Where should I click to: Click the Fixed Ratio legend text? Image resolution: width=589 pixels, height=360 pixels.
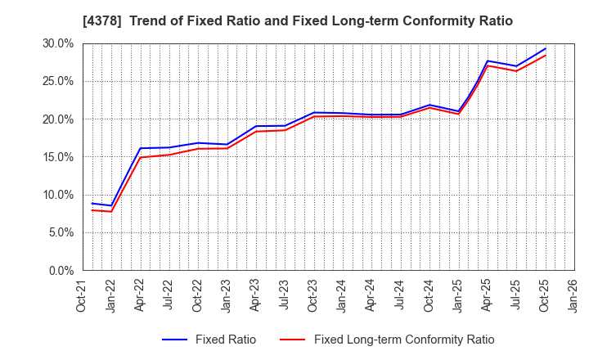tap(225, 340)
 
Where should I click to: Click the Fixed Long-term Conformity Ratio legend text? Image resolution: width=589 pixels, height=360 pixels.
tap(404, 340)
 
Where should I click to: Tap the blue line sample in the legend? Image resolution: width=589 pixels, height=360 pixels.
tap(176, 340)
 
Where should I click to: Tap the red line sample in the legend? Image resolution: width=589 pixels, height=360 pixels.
tap(293, 340)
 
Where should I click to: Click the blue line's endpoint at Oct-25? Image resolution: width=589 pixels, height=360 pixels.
tap(545, 48)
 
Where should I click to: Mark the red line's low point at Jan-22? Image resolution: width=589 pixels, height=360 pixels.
tap(111, 211)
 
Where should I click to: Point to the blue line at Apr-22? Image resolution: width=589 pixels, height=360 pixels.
tap(140, 148)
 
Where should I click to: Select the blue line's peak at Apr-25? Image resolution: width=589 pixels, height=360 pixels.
tap(488, 61)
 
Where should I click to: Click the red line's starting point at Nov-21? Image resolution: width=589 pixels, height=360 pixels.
tap(92, 209)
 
